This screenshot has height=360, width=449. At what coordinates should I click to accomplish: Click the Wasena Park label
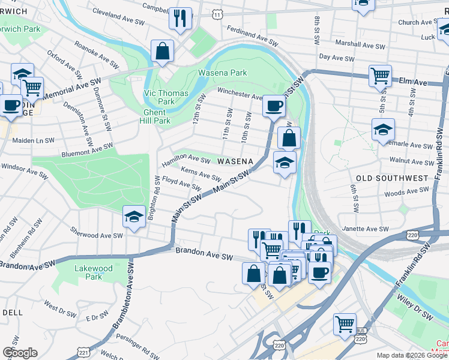[223, 73]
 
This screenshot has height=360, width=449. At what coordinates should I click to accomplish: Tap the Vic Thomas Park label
[166, 97]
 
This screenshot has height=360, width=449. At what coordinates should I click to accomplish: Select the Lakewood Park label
[94, 272]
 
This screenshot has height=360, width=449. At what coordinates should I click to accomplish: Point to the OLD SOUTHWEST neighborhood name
[392, 178]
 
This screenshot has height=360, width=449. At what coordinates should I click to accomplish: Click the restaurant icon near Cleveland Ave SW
[180, 19]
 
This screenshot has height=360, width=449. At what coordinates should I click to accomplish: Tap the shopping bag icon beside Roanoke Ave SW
[162, 50]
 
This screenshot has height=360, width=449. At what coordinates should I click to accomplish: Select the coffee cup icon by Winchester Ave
[274, 106]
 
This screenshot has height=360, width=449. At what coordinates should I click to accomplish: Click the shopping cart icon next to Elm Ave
[380, 76]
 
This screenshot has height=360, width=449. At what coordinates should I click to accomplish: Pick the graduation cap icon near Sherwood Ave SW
[134, 217]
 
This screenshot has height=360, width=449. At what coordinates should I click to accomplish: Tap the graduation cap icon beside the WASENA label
[285, 162]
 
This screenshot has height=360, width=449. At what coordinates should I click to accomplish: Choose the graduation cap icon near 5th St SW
[383, 130]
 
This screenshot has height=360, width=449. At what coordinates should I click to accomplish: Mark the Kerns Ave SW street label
[200, 173]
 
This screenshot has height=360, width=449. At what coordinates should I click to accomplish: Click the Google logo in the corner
[20, 353]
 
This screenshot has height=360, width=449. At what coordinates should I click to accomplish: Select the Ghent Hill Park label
[157, 116]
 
